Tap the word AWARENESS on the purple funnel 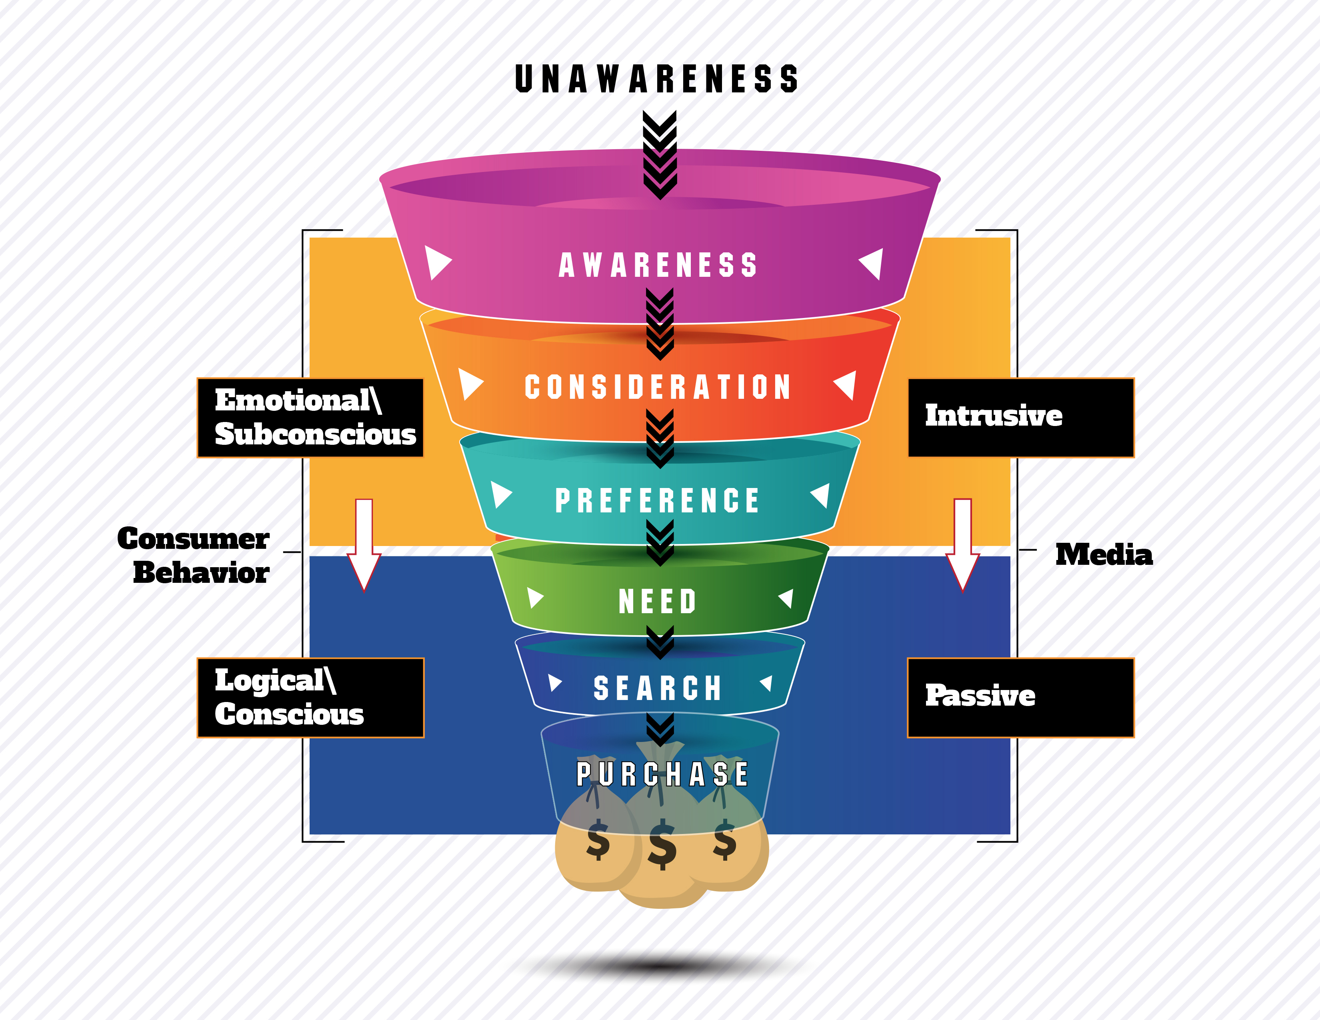[x=658, y=265]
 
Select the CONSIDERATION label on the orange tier [x=658, y=387]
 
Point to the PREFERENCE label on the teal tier [x=658, y=500]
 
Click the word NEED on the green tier [x=658, y=601]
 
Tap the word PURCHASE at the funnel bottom [x=662, y=774]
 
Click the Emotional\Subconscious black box [x=310, y=418]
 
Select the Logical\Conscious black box [x=310, y=697]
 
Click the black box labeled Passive [x=1021, y=697]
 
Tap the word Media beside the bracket [x=1104, y=555]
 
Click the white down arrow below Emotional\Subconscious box [x=364, y=544]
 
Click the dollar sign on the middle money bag [x=662, y=844]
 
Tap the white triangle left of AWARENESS [x=436, y=263]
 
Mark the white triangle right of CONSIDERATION [x=846, y=384]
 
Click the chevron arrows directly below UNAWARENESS [x=659, y=154]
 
